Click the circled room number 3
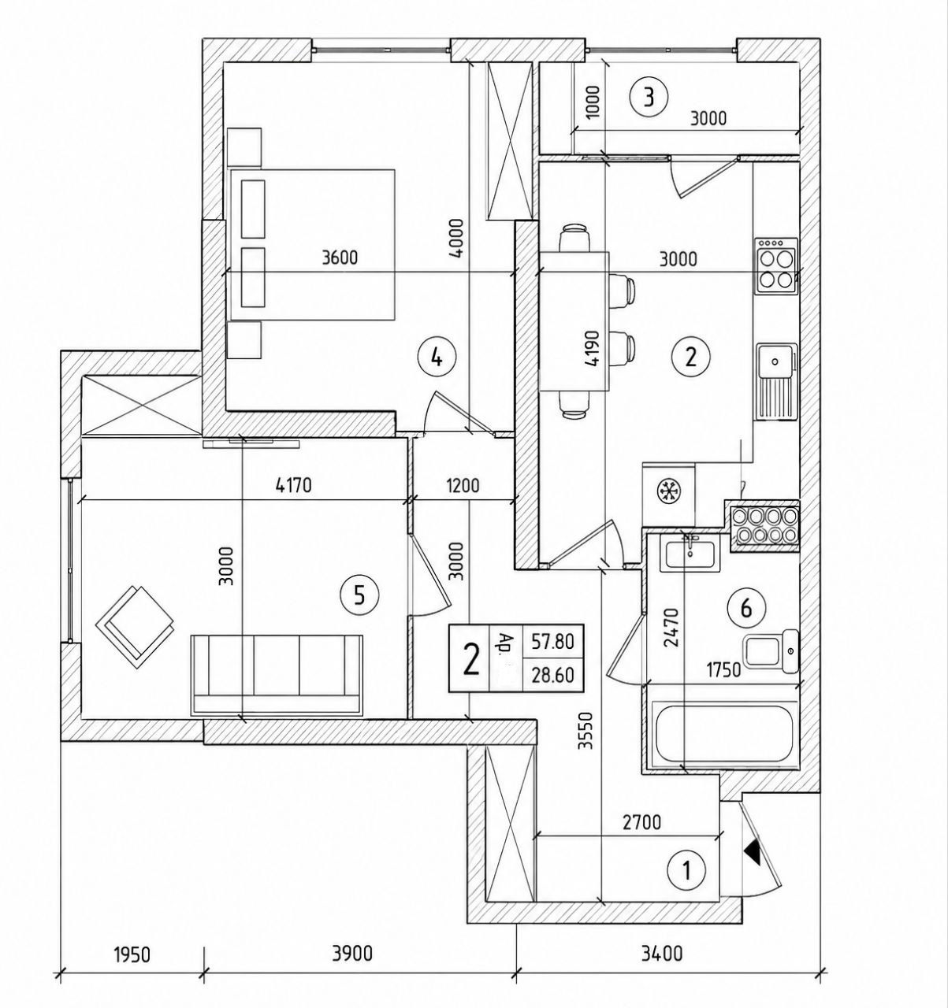tap(649, 98)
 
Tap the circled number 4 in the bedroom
tap(437, 358)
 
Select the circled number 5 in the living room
tap(359, 596)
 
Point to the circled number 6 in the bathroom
tap(745, 609)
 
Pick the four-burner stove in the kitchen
tap(775, 266)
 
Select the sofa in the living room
tap(277, 676)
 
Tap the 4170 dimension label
tap(293, 486)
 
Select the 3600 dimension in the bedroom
tap(340, 258)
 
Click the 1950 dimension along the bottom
tap(132, 954)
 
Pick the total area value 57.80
tap(552, 642)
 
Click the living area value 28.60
tap(552, 675)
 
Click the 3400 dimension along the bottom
tap(661, 954)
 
